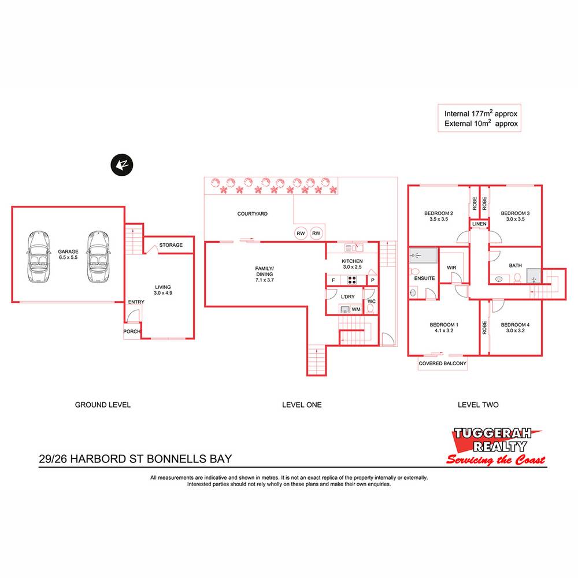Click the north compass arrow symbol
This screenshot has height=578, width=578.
coord(122,165)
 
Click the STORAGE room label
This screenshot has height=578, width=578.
coord(171,245)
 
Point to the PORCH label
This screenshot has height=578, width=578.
coord(132,332)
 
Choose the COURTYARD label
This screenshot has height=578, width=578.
coord(253,214)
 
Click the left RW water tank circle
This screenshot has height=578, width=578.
coord(301,234)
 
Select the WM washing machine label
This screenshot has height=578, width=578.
coord(356,310)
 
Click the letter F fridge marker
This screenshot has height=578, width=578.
coord(333,280)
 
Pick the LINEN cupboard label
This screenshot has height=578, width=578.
coord(479,224)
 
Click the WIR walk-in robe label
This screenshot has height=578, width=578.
coord(452,268)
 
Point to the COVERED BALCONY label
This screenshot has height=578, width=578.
coord(443,364)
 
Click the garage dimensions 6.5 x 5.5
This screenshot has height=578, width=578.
coord(68,258)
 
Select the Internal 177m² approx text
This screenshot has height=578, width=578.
coord(481,113)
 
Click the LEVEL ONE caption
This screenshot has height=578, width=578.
coord(302,405)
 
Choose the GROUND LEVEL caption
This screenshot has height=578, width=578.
coord(103,405)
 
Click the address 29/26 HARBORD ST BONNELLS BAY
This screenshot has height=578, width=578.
coord(135,460)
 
